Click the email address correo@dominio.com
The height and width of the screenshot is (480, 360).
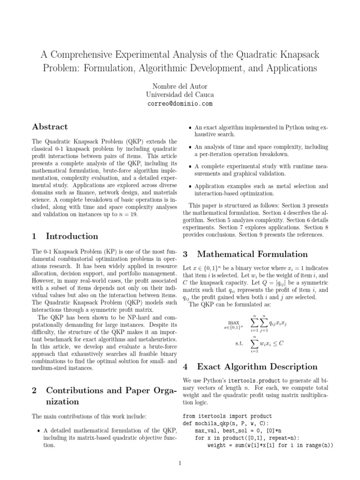[180, 104]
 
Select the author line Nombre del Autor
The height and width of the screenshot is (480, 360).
[180, 86]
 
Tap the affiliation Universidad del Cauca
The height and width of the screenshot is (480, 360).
[180, 95]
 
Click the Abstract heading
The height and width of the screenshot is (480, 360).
[50, 127]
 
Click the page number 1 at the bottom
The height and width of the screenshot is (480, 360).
[180, 464]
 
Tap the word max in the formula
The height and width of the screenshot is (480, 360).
[233, 323]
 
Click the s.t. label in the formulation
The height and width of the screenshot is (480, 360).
[239, 343]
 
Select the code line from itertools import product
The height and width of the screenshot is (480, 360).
[226, 416]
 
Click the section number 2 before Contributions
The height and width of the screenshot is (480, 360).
[34, 390]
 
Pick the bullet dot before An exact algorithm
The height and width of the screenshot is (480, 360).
[189, 127]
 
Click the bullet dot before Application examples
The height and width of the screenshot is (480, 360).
[189, 187]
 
